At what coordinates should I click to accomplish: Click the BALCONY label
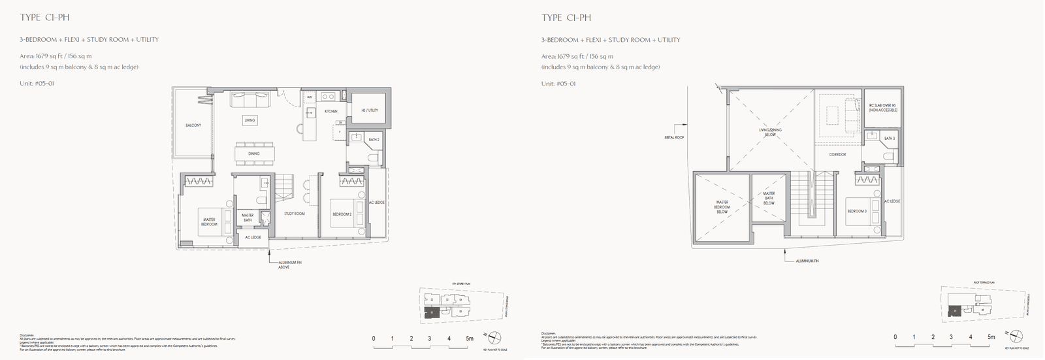pos(193,125)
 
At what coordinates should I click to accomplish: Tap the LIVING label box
pos(249,120)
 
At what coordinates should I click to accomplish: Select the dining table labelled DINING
pos(253,153)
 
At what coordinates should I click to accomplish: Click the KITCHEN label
pos(331,112)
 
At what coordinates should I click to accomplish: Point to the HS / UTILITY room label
pos(370,110)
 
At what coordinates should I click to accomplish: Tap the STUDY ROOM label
pos(295,214)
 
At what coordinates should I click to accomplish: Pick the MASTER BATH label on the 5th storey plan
pos(248,218)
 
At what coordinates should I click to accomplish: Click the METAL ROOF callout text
pos(674,137)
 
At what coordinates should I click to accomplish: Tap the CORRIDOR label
pos(837,155)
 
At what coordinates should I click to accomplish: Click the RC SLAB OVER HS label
pos(883,108)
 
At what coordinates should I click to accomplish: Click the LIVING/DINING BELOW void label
pos(770,132)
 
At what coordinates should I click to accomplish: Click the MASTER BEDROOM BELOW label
pos(722,206)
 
